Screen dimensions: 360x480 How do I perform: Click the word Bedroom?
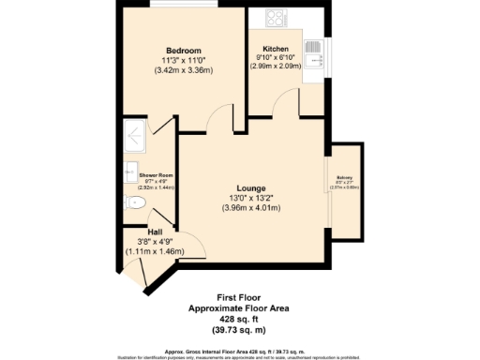tap(184, 50)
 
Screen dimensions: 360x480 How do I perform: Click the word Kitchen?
tap(276, 49)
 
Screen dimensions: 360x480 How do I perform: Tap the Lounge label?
tap(250, 186)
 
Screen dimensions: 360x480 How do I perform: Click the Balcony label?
tap(344, 176)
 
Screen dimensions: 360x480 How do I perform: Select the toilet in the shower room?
tap(131, 201)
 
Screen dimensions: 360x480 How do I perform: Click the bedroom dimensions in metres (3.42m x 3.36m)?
tap(184, 69)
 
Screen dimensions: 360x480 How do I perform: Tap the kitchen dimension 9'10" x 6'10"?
tap(276, 57)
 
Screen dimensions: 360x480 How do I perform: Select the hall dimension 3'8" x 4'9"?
tap(156, 242)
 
